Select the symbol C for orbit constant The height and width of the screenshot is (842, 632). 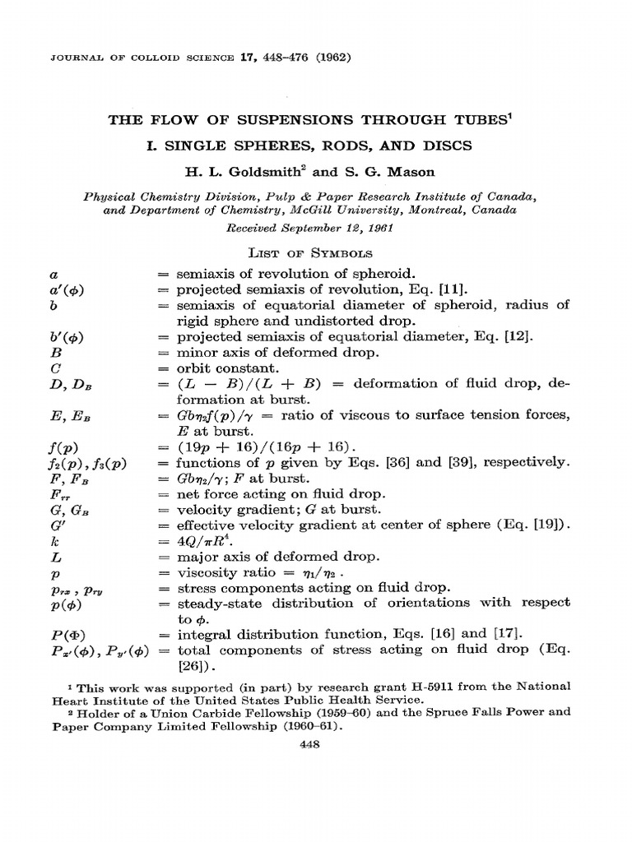tap(30, 368)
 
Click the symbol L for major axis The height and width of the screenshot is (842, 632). tap(30, 557)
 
